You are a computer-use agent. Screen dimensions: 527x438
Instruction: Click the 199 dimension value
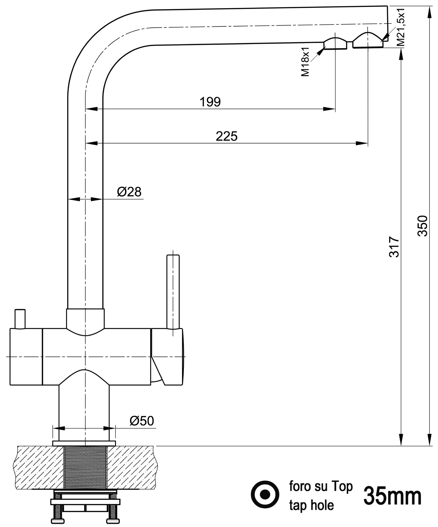point(210,102)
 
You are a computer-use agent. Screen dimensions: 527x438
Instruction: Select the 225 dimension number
point(226,137)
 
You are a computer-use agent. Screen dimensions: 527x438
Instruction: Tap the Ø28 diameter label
point(129,192)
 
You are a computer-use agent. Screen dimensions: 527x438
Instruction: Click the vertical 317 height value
point(394,247)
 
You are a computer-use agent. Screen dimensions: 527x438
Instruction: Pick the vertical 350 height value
point(422,226)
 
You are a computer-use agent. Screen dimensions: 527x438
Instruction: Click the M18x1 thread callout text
point(305,61)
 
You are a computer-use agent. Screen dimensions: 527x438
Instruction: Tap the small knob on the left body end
point(20,319)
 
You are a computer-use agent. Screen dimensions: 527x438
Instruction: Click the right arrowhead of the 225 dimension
point(362,143)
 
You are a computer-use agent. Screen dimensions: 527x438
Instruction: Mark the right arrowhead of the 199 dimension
point(329,109)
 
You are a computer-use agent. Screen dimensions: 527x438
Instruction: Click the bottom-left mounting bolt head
point(58,521)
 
